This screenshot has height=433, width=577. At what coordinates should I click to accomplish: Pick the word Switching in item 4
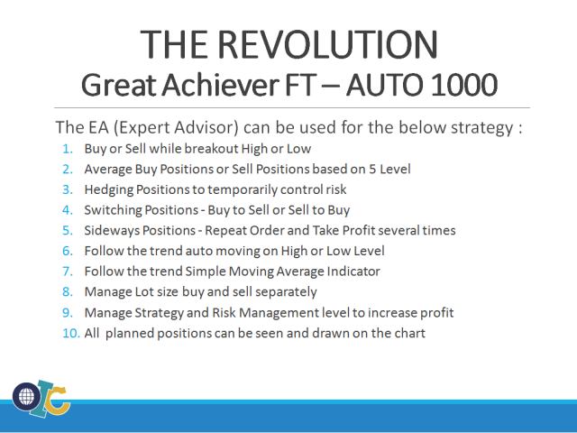coord(113,209)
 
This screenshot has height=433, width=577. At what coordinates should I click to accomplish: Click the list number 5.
coord(69,230)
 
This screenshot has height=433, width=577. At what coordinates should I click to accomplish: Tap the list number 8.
coord(69,291)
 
